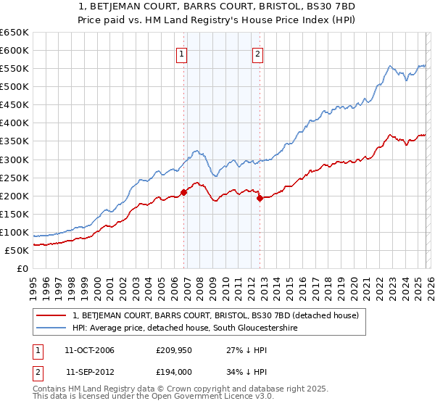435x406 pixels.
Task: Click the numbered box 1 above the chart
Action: click(181, 52)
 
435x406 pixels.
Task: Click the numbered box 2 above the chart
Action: click(257, 52)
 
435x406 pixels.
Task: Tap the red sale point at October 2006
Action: click(183, 192)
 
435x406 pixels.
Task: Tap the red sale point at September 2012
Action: click(260, 198)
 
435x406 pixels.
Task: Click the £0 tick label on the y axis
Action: click(23, 269)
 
